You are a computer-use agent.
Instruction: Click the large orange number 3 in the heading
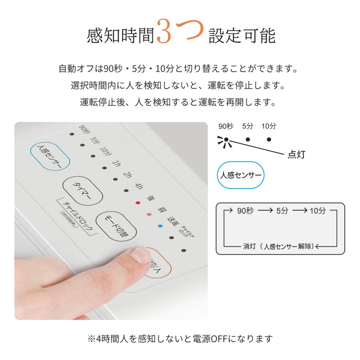click(x=164, y=31)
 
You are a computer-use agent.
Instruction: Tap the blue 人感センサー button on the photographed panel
click(x=50, y=156)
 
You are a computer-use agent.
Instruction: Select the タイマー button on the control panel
click(x=82, y=190)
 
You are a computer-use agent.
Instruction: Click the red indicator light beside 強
click(x=138, y=203)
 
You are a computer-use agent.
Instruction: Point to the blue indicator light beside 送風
click(x=160, y=226)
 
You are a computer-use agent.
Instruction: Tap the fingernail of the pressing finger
click(x=140, y=255)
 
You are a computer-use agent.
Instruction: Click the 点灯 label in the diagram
click(x=296, y=154)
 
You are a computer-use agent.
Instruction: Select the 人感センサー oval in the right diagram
click(x=241, y=175)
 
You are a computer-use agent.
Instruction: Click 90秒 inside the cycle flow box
click(x=245, y=210)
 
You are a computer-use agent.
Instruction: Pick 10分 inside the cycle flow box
click(x=318, y=210)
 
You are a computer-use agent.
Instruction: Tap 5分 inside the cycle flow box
click(x=282, y=210)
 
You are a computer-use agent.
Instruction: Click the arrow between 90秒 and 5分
click(x=265, y=210)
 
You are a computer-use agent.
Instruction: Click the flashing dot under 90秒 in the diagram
click(x=226, y=140)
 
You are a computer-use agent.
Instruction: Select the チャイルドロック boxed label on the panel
click(x=78, y=216)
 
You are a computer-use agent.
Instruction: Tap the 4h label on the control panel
click(x=138, y=186)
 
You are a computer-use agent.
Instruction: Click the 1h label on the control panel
click(x=116, y=164)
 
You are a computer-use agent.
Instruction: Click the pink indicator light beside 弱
click(x=149, y=214)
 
